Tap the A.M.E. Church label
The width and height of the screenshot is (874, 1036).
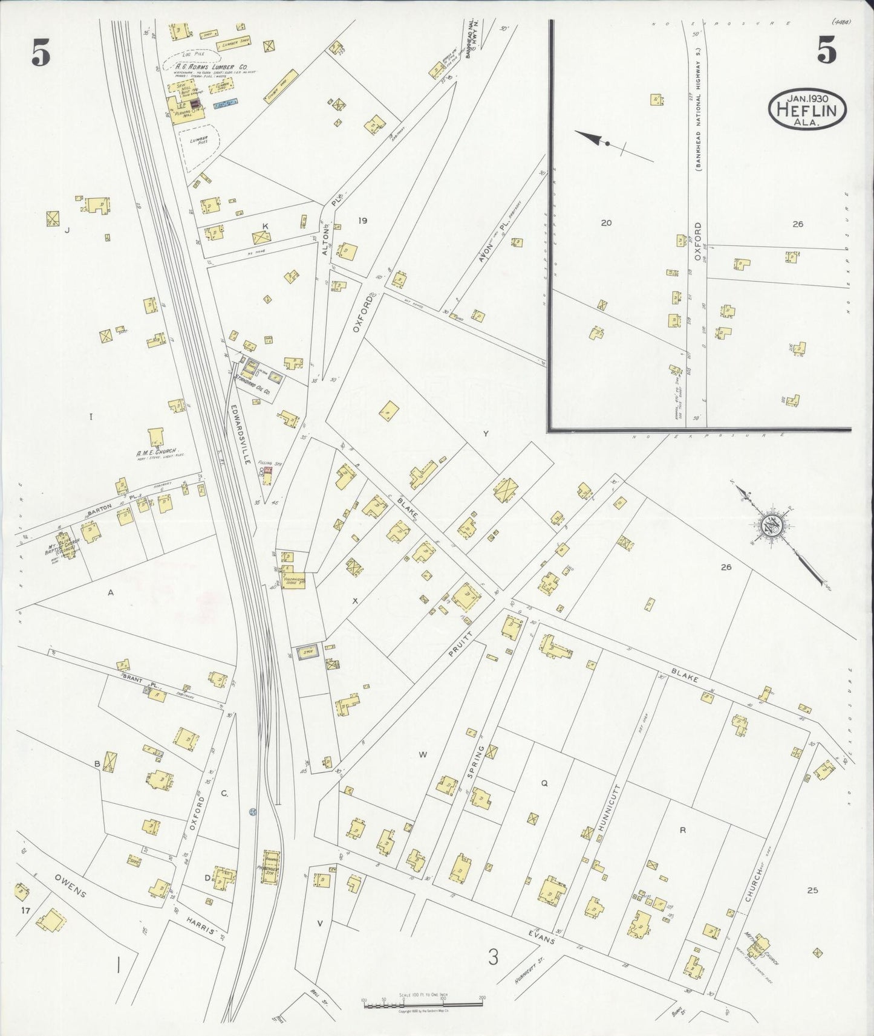[x=155, y=453]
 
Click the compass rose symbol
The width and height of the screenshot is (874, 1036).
[x=774, y=523]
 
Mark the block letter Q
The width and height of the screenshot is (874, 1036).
[x=544, y=783]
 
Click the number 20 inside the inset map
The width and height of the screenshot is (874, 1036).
[x=605, y=222]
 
